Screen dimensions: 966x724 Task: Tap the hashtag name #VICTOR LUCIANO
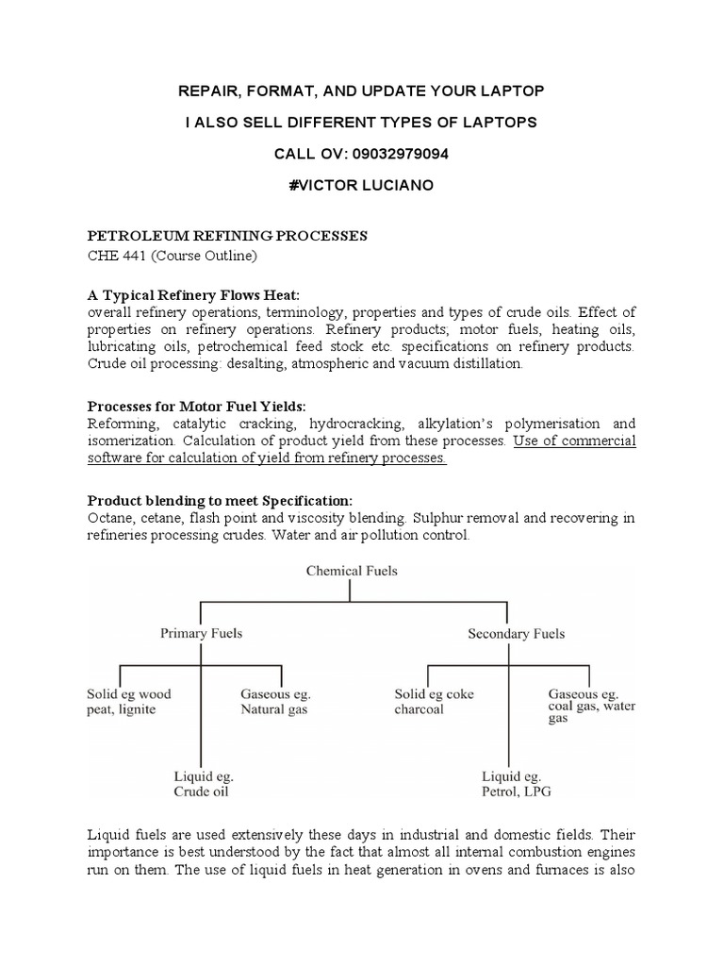(361, 186)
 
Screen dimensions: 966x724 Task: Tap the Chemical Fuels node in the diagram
(350, 570)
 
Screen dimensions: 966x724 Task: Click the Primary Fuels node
(201, 633)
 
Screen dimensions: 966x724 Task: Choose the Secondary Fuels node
(516, 633)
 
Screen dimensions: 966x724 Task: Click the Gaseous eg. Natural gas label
(275, 701)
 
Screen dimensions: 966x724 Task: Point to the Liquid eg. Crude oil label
(203, 784)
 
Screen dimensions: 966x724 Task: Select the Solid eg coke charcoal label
(434, 701)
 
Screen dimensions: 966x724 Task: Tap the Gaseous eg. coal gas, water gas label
(592, 705)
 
